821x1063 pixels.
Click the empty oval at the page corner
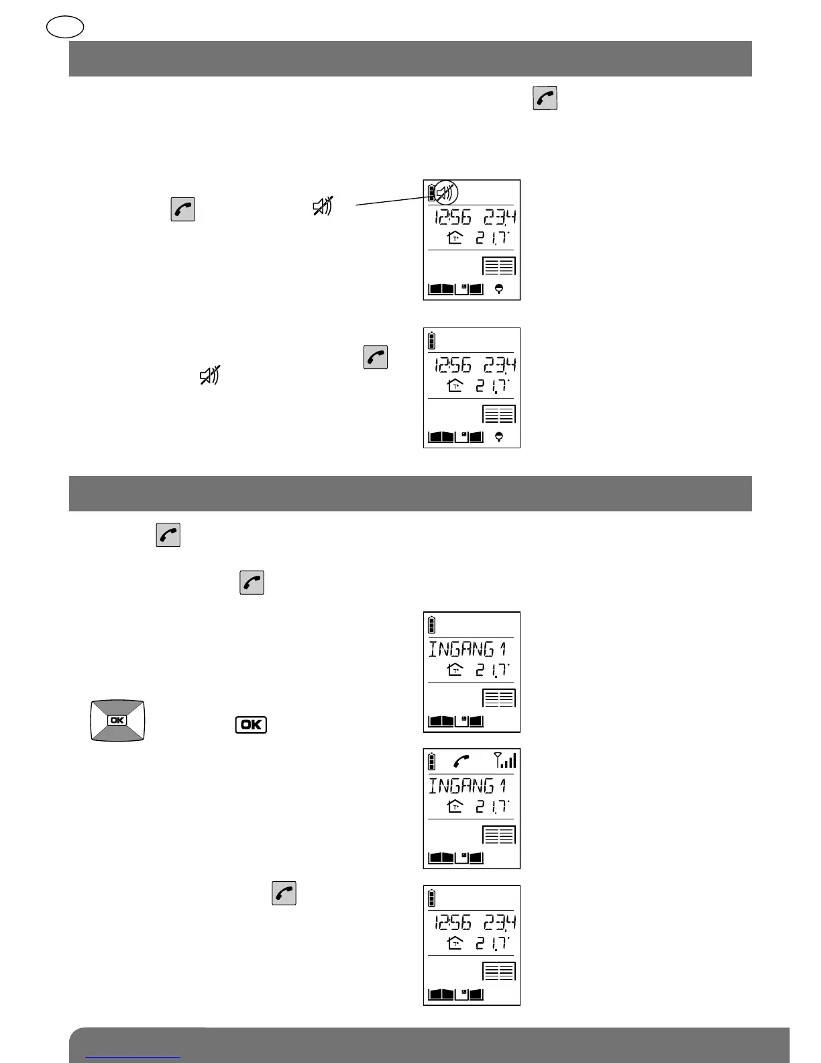point(66,27)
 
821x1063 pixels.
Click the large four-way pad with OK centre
point(117,720)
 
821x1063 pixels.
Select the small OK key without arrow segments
point(251,725)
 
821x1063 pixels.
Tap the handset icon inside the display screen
point(461,761)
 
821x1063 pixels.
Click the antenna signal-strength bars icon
point(505,760)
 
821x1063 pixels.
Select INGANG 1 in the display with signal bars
point(468,785)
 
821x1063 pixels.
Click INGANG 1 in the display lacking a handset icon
point(468,649)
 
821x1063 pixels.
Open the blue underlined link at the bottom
point(133,1056)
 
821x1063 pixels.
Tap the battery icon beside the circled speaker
point(431,194)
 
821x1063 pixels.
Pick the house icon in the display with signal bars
point(455,807)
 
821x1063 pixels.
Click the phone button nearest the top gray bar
point(545,99)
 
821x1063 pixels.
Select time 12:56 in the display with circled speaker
point(453,217)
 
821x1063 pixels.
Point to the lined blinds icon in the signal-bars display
point(499,835)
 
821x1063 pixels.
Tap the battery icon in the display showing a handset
point(432,761)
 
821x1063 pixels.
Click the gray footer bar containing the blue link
point(429,1046)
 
